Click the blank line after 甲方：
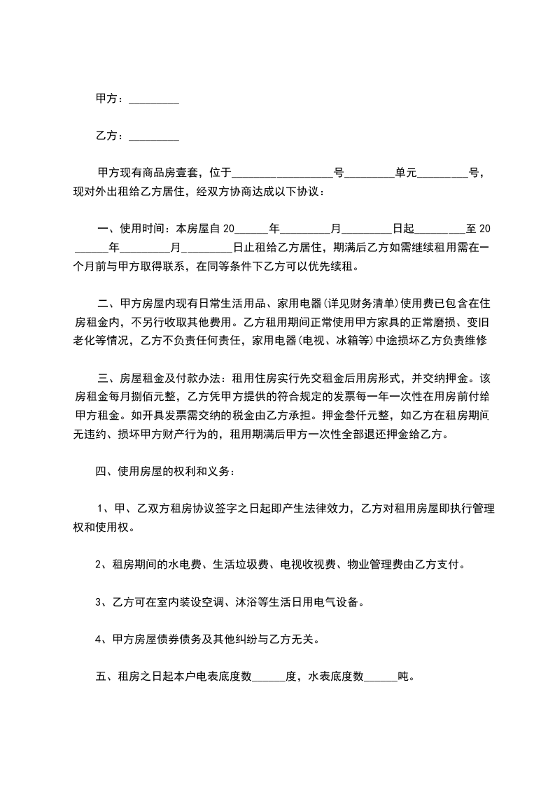154,101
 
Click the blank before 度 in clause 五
268,677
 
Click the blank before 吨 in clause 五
380,677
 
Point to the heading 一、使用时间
132,229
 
